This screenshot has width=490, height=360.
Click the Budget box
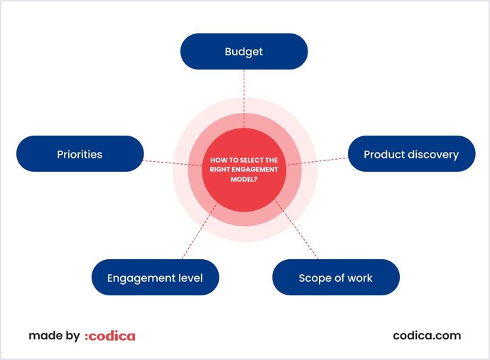click(x=244, y=51)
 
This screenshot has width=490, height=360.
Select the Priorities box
click(x=80, y=153)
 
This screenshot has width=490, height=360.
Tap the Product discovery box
click(x=411, y=153)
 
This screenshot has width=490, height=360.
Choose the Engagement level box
click(x=155, y=278)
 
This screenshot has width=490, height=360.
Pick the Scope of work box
click(x=336, y=278)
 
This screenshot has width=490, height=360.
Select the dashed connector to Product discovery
click(x=323, y=160)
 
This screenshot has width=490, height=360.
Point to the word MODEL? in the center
click(x=244, y=179)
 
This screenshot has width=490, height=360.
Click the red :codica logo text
click(x=109, y=336)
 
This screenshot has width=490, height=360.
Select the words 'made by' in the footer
click(x=54, y=336)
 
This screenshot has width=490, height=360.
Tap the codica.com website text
click(x=427, y=335)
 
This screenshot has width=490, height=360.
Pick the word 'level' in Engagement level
click(x=190, y=278)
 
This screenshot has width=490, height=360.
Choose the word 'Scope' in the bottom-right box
click(x=314, y=278)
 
